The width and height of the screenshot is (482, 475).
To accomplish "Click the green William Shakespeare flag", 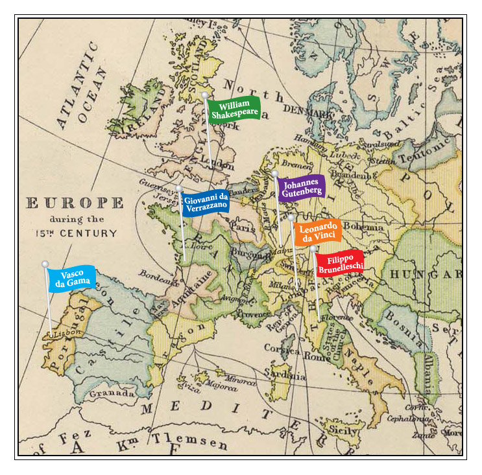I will [234, 110].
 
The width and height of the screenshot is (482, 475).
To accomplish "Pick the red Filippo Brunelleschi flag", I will [339, 263].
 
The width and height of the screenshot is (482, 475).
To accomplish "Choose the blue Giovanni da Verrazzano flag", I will [205, 202].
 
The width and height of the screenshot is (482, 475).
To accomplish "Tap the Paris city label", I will [243, 228].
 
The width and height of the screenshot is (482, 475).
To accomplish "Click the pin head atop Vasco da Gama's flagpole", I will [45, 264].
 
